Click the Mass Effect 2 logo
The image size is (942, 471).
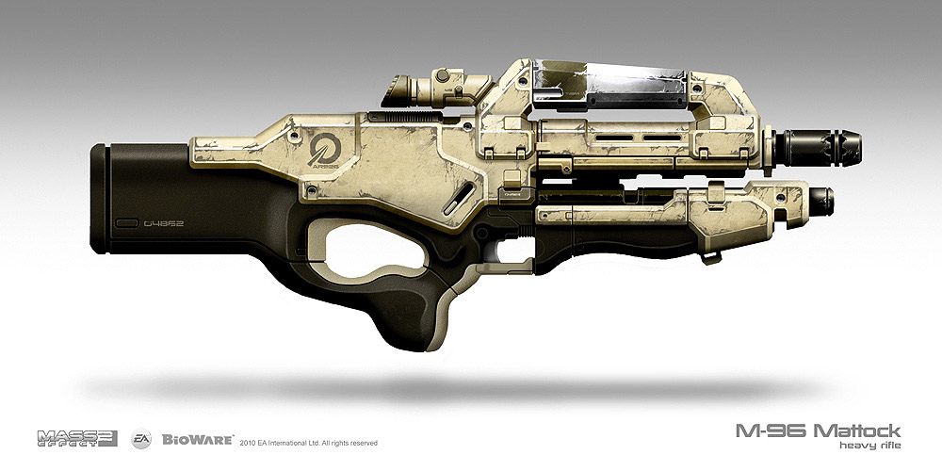[x=77, y=436]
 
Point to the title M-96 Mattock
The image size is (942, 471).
[x=818, y=430]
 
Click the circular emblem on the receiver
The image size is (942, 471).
[x=322, y=150]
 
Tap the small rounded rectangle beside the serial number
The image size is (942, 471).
[x=127, y=223]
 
